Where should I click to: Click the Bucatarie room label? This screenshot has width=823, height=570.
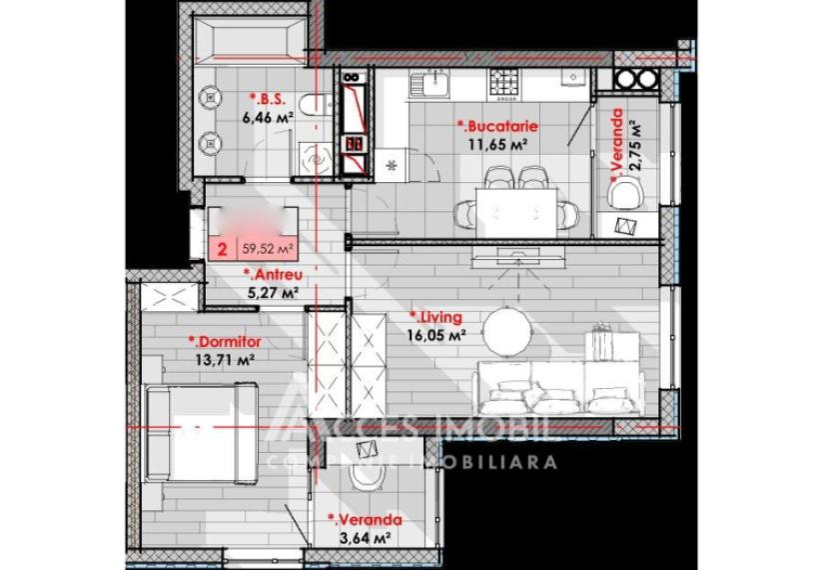(498, 126)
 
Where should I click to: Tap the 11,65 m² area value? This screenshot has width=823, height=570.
(496, 144)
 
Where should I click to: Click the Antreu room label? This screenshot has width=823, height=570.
(273, 275)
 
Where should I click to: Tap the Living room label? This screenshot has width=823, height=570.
(436, 318)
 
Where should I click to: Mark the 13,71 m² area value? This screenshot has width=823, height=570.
(222, 359)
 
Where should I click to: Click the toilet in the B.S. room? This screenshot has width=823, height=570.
(314, 102)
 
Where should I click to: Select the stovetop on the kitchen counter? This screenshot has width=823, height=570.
(502, 80)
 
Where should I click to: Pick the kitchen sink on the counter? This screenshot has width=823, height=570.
(435, 80)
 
